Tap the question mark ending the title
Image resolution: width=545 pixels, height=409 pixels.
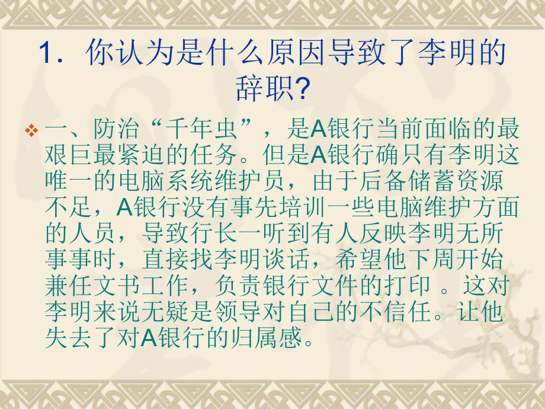click(x=304, y=89)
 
